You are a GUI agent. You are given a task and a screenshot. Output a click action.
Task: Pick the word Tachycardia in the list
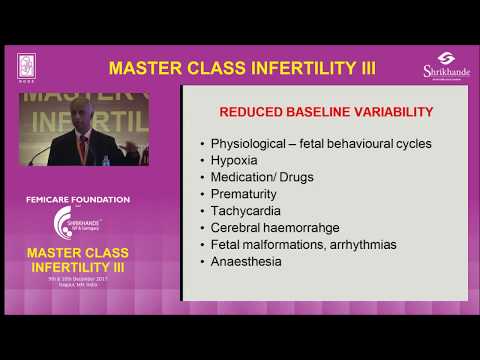click(x=246, y=212)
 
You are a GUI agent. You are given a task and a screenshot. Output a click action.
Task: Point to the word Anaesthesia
click(x=246, y=261)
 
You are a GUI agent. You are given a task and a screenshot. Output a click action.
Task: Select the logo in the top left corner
click(x=27, y=64)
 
